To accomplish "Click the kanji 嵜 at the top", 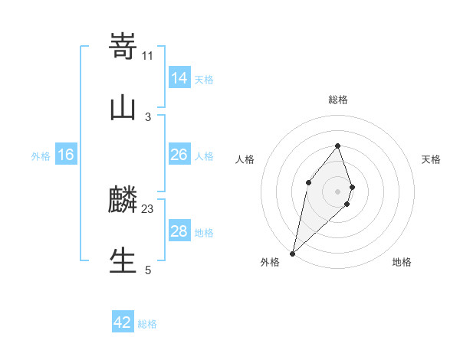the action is pos(123,47).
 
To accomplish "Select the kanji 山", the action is pos(123,107).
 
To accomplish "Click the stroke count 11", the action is pos(147,55).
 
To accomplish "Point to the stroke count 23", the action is pos(148,209).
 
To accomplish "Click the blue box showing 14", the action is pos(179,78).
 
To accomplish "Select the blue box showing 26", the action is pos(179,155).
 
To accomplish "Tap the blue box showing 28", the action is pos(179,231).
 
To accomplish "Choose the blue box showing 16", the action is pos(66,155).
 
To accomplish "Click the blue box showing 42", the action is pos(123,322).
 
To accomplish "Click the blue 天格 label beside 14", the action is pos(204,80).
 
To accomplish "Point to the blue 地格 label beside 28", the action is pos(204,233).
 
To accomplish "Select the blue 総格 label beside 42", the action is pos(147,324).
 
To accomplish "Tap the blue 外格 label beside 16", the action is pos(41,156).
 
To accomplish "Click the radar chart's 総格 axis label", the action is pos(337,100).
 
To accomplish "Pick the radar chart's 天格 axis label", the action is pos(431,159).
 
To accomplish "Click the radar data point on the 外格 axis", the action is pos(292,253).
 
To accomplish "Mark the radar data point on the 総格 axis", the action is pos(337,146).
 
